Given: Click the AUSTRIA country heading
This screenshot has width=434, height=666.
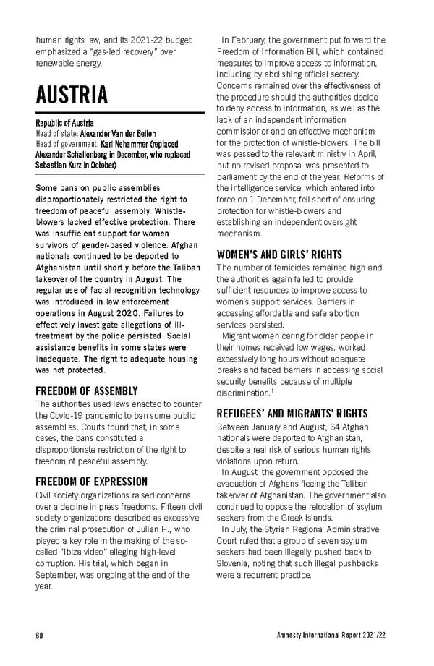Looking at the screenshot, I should (72, 95).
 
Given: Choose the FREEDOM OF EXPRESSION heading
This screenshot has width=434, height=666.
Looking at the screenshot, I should (91, 481).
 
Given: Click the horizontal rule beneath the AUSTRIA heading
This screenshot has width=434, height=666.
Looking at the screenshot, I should (120, 113).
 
